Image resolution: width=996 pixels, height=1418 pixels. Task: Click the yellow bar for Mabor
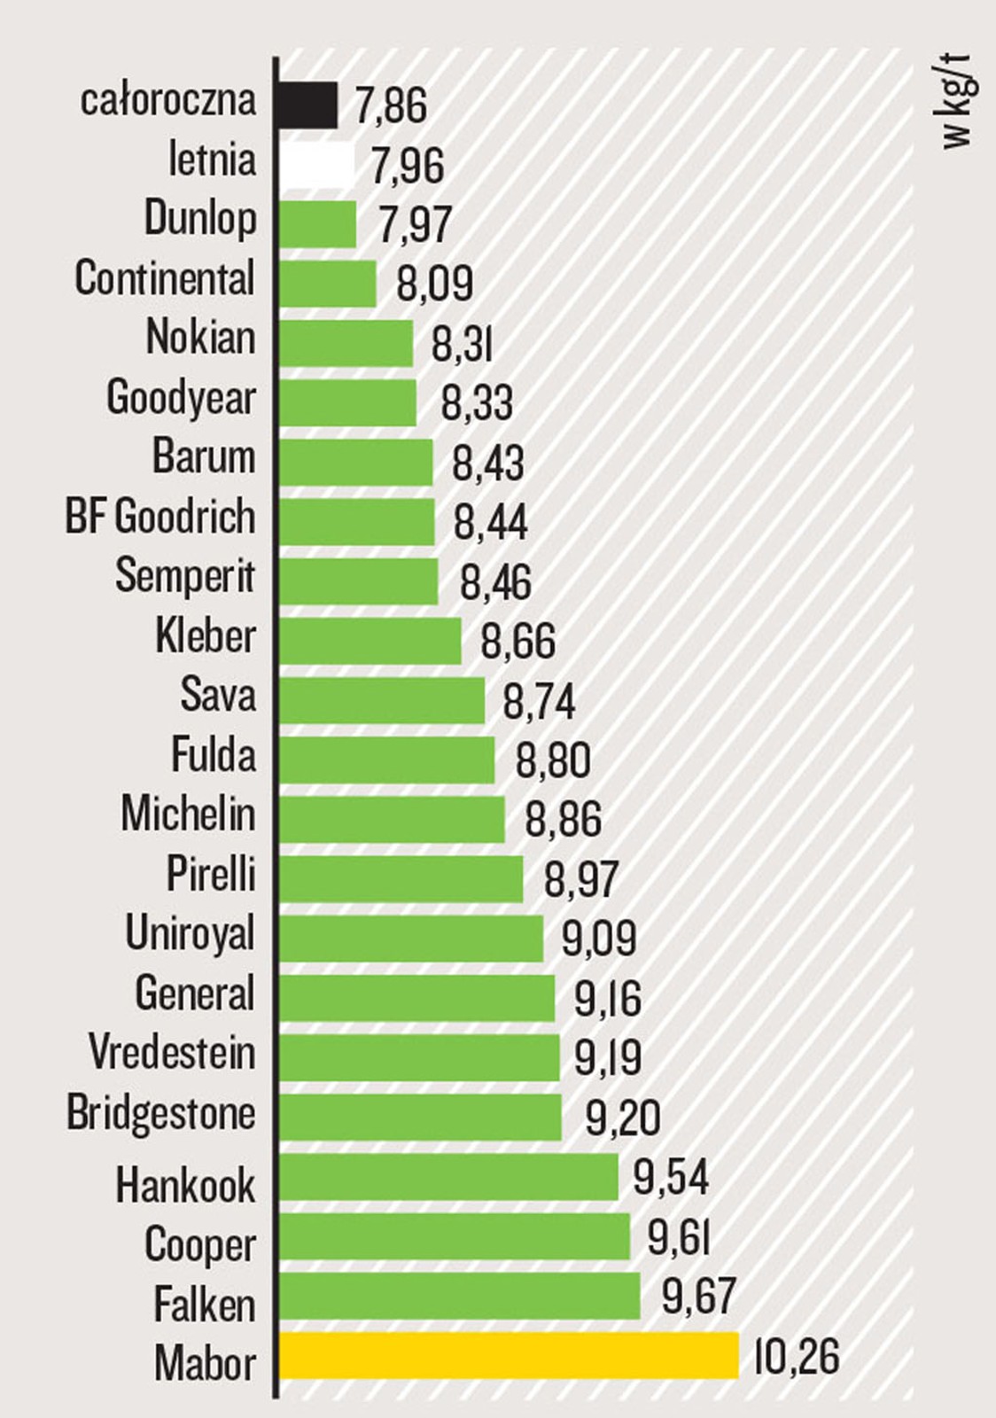click(x=509, y=1356)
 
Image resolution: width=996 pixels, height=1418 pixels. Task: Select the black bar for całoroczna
click(x=308, y=105)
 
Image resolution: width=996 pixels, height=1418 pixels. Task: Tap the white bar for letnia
click(x=316, y=166)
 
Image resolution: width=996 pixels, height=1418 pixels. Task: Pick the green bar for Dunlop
click(x=318, y=224)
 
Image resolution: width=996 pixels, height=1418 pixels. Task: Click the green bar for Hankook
click(x=448, y=1177)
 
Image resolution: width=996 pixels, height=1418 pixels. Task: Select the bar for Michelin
click(x=392, y=819)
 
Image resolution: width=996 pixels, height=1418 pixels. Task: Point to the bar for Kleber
click(x=370, y=641)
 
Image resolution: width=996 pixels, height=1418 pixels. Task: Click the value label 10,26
click(x=796, y=1357)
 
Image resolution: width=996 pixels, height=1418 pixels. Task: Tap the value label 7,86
click(x=391, y=105)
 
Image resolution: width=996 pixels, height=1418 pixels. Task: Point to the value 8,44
click(x=490, y=522)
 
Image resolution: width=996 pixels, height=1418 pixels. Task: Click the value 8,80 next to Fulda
click(x=553, y=760)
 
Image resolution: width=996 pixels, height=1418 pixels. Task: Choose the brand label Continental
click(x=165, y=278)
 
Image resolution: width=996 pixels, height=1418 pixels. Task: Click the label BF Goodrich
click(x=160, y=517)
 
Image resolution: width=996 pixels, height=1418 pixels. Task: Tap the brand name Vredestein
click(x=172, y=1053)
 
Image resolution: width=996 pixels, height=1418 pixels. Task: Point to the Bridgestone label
click(x=161, y=1114)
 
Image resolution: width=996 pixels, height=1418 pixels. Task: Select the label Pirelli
click(x=211, y=875)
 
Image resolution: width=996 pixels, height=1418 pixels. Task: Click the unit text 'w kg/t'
click(x=958, y=102)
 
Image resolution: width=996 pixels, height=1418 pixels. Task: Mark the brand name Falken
click(x=205, y=1305)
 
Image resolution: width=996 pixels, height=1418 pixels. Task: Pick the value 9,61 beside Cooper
click(x=679, y=1238)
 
